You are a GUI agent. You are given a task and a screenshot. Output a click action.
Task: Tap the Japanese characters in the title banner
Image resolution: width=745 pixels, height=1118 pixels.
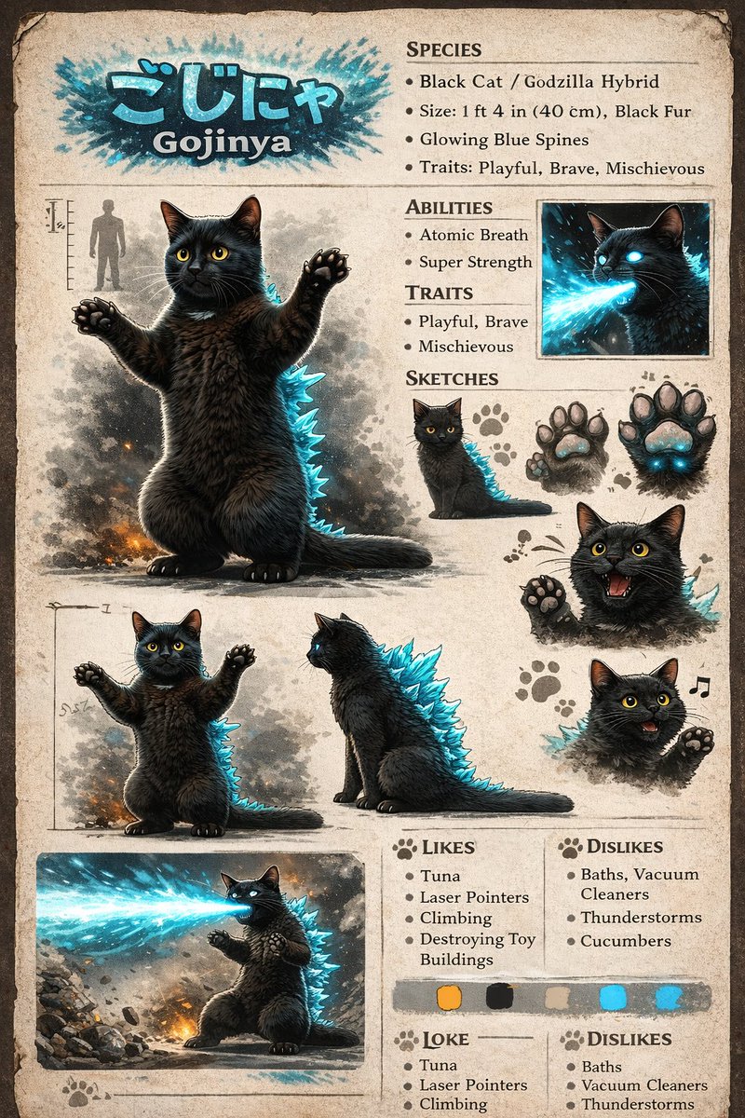(x=222, y=97)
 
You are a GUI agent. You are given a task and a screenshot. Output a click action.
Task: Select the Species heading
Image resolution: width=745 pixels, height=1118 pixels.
(x=444, y=48)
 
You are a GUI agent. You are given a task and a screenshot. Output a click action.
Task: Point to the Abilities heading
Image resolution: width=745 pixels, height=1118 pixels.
(x=449, y=207)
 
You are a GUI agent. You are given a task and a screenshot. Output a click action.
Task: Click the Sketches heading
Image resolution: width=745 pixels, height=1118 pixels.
(x=452, y=378)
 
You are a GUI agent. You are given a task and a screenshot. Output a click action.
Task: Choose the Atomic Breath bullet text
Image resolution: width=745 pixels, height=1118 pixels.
(x=473, y=235)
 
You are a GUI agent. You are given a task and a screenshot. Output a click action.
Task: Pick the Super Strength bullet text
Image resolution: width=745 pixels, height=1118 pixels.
(x=475, y=262)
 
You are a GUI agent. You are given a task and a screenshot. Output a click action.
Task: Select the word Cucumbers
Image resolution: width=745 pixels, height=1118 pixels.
(x=625, y=941)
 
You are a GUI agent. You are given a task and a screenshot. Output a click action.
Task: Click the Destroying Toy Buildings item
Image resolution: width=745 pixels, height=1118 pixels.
(x=477, y=948)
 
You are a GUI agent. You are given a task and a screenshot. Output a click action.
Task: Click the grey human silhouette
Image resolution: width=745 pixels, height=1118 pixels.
(x=106, y=244)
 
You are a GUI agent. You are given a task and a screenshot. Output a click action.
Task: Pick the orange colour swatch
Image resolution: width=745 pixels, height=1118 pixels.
(x=449, y=997)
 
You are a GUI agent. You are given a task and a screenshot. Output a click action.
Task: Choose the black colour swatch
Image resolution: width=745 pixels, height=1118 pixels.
(x=500, y=997)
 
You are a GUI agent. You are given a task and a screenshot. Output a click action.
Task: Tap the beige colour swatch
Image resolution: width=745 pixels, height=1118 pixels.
(x=557, y=997)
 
